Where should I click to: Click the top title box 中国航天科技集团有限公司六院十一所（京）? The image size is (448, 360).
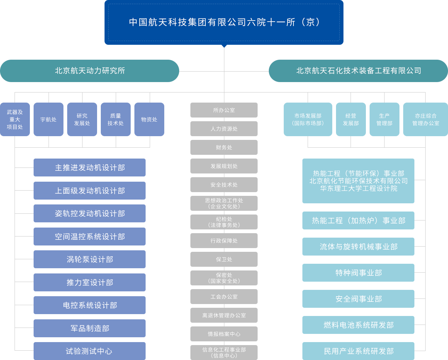(x=224, y=22)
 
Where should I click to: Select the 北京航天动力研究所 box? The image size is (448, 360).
(x=90, y=71)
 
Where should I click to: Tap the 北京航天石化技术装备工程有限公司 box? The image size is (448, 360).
(x=358, y=71)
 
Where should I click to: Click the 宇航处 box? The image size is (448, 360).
(x=49, y=119)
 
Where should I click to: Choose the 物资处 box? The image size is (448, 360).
(x=149, y=119)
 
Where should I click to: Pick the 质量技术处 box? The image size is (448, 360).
(x=116, y=119)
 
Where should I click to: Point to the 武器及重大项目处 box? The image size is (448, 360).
(x=15, y=119)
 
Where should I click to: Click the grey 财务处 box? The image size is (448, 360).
(x=224, y=147)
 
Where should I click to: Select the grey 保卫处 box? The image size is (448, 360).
(x=224, y=259)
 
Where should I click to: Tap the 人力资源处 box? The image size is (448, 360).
(x=224, y=129)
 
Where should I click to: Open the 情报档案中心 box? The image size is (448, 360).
(x=224, y=334)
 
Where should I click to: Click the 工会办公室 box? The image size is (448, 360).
(x=224, y=297)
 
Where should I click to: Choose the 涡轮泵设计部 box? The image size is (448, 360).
(x=90, y=259)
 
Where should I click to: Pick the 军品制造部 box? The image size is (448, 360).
(x=90, y=328)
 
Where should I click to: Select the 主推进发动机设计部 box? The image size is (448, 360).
(x=90, y=168)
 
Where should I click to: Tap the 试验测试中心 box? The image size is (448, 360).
(x=90, y=351)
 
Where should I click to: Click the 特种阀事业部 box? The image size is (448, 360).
(x=358, y=273)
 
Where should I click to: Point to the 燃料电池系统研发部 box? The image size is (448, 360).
(x=358, y=325)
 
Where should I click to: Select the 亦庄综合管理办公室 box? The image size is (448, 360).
(x=426, y=119)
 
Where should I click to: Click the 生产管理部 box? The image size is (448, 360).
(x=385, y=119)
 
